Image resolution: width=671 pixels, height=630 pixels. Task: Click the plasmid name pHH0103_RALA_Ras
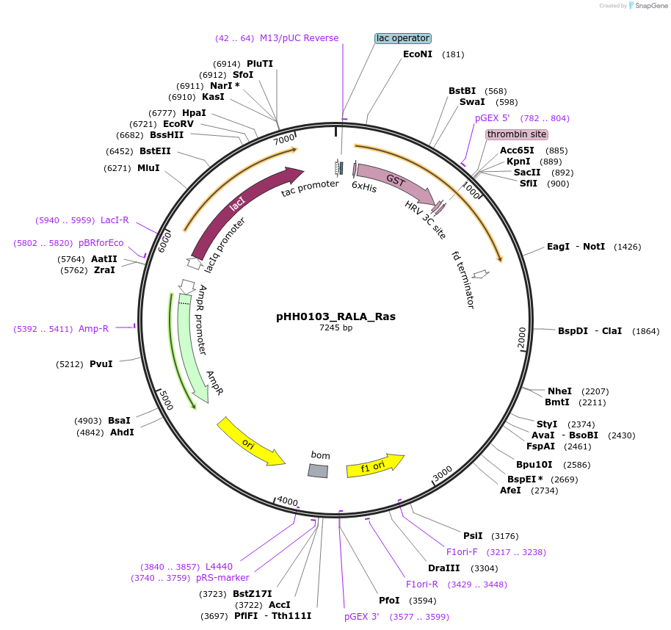[335, 316]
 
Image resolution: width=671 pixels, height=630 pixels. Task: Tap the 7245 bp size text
[335, 327]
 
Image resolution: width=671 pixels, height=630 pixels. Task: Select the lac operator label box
[402, 38]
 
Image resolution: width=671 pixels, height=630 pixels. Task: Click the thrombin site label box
[517, 134]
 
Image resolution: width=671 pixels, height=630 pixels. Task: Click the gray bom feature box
[318, 471]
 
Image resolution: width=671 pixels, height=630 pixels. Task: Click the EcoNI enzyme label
[418, 54]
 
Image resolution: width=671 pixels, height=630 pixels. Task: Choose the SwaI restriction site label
[472, 102]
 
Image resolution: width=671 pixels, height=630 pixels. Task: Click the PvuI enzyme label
[101, 363]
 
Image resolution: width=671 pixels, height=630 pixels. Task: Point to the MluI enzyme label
[148, 168]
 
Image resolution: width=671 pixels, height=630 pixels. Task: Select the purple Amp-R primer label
[93, 329]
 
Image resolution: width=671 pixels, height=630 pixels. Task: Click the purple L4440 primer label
[219, 567]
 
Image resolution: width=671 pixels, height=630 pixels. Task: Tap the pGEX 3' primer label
[362, 617]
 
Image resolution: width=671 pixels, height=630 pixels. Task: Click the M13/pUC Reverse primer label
[299, 38]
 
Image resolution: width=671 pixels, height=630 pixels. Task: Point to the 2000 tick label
[522, 338]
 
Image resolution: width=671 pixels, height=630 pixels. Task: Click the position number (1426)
[627, 247]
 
